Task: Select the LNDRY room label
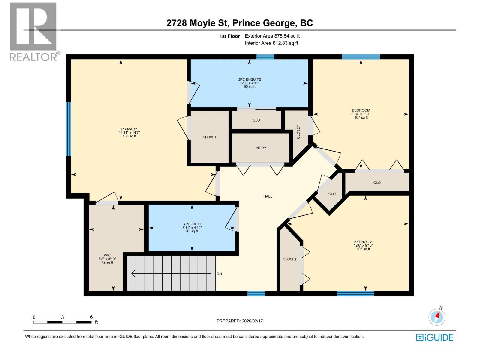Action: (260, 148)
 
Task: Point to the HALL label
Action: (268, 196)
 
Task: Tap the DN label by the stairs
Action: (219, 274)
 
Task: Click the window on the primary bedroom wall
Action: (69, 129)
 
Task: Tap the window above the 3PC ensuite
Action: (265, 57)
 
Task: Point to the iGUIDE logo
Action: (434, 337)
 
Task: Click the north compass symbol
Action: (437, 317)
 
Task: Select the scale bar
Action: (62, 322)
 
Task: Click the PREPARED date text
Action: (239, 321)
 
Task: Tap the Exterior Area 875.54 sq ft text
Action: (272, 36)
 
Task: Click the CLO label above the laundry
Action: (256, 120)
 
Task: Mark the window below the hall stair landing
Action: (256, 294)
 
